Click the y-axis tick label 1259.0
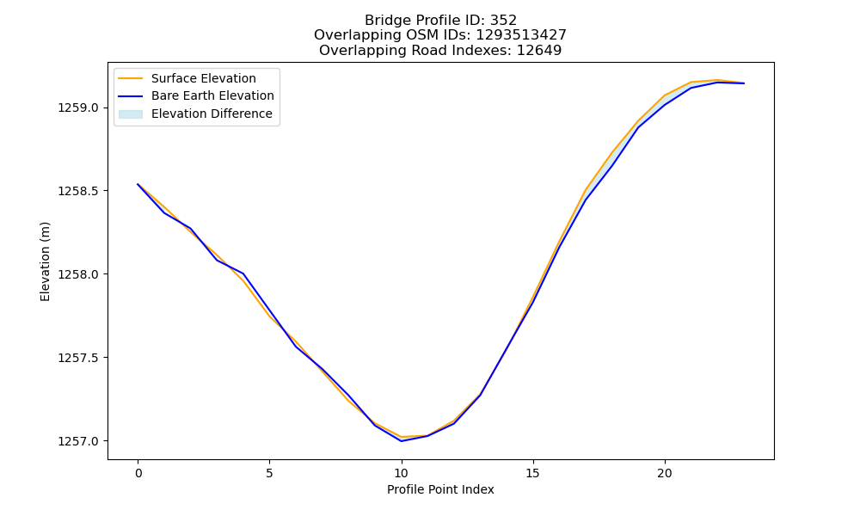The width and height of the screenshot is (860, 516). pyautogui.click(x=78, y=107)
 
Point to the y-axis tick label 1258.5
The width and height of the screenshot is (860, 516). pyautogui.click(x=78, y=191)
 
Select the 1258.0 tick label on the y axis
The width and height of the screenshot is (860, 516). pyautogui.click(x=78, y=274)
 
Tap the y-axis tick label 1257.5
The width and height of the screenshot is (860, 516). pyautogui.click(x=78, y=358)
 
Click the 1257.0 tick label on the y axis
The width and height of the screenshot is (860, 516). pyautogui.click(x=78, y=441)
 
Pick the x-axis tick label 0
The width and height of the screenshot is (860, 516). pyautogui.click(x=138, y=473)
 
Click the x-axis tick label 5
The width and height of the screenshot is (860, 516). pyautogui.click(x=269, y=473)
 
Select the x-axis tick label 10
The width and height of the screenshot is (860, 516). pyautogui.click(x=402, y=473)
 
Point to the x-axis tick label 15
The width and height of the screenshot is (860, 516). pyautogui.click(x=533, y=473)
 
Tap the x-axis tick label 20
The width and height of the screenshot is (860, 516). pyautogui.click(x=665, y=473)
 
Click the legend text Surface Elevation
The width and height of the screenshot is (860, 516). pyautogui.click(x=204, y=78)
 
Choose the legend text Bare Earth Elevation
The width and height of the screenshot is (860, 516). pyautogui.click(x=212, y=95)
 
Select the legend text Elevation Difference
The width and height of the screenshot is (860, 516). pyautogui.click(x=212, y=114)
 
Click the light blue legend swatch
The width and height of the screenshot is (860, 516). pyautogui.click(x=131, y=114)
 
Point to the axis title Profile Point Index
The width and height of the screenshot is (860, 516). pyautogui.click(x=440, y=489)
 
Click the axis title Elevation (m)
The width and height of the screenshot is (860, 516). pyautogui.click(x=45, y=261)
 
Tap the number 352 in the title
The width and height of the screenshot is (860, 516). pyautogui.click(x=503, y=21)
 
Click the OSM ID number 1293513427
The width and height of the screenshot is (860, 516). pyautogui.click(x=521, y=35)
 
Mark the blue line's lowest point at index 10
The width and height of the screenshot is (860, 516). pyautogui.click(x=402, y=441)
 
